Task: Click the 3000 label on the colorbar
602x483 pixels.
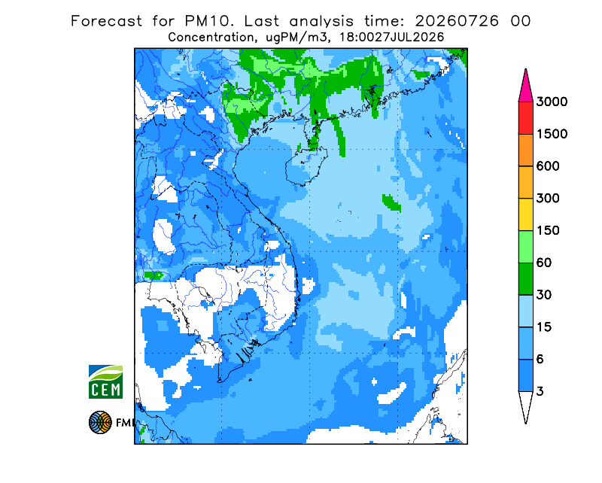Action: click(552, 102)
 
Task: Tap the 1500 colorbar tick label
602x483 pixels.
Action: click(552, 134)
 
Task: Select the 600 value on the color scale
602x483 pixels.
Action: click(548, 166)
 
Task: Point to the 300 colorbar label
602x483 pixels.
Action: click(548, 199)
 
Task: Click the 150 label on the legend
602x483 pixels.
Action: click(548, 231)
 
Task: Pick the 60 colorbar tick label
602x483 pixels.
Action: click(544, 263)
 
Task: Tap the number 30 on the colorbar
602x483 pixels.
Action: click(544, 295)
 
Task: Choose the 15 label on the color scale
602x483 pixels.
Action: click(544, 327)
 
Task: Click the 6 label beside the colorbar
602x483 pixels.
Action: click(540, 360)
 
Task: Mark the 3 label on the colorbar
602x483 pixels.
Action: click(540, 392)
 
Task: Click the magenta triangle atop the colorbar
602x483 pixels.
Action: click(525, 88)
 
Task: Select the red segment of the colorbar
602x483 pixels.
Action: click(525, 118)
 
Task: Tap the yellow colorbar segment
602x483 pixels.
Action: click(525, 214)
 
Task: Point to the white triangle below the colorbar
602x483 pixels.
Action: click(525, 404)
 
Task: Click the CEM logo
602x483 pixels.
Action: click(105, 381)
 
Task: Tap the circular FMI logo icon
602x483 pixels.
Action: click(100, 422)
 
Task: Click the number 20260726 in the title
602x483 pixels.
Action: click(457, 21)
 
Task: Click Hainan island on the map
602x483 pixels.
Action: click(306, 166)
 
